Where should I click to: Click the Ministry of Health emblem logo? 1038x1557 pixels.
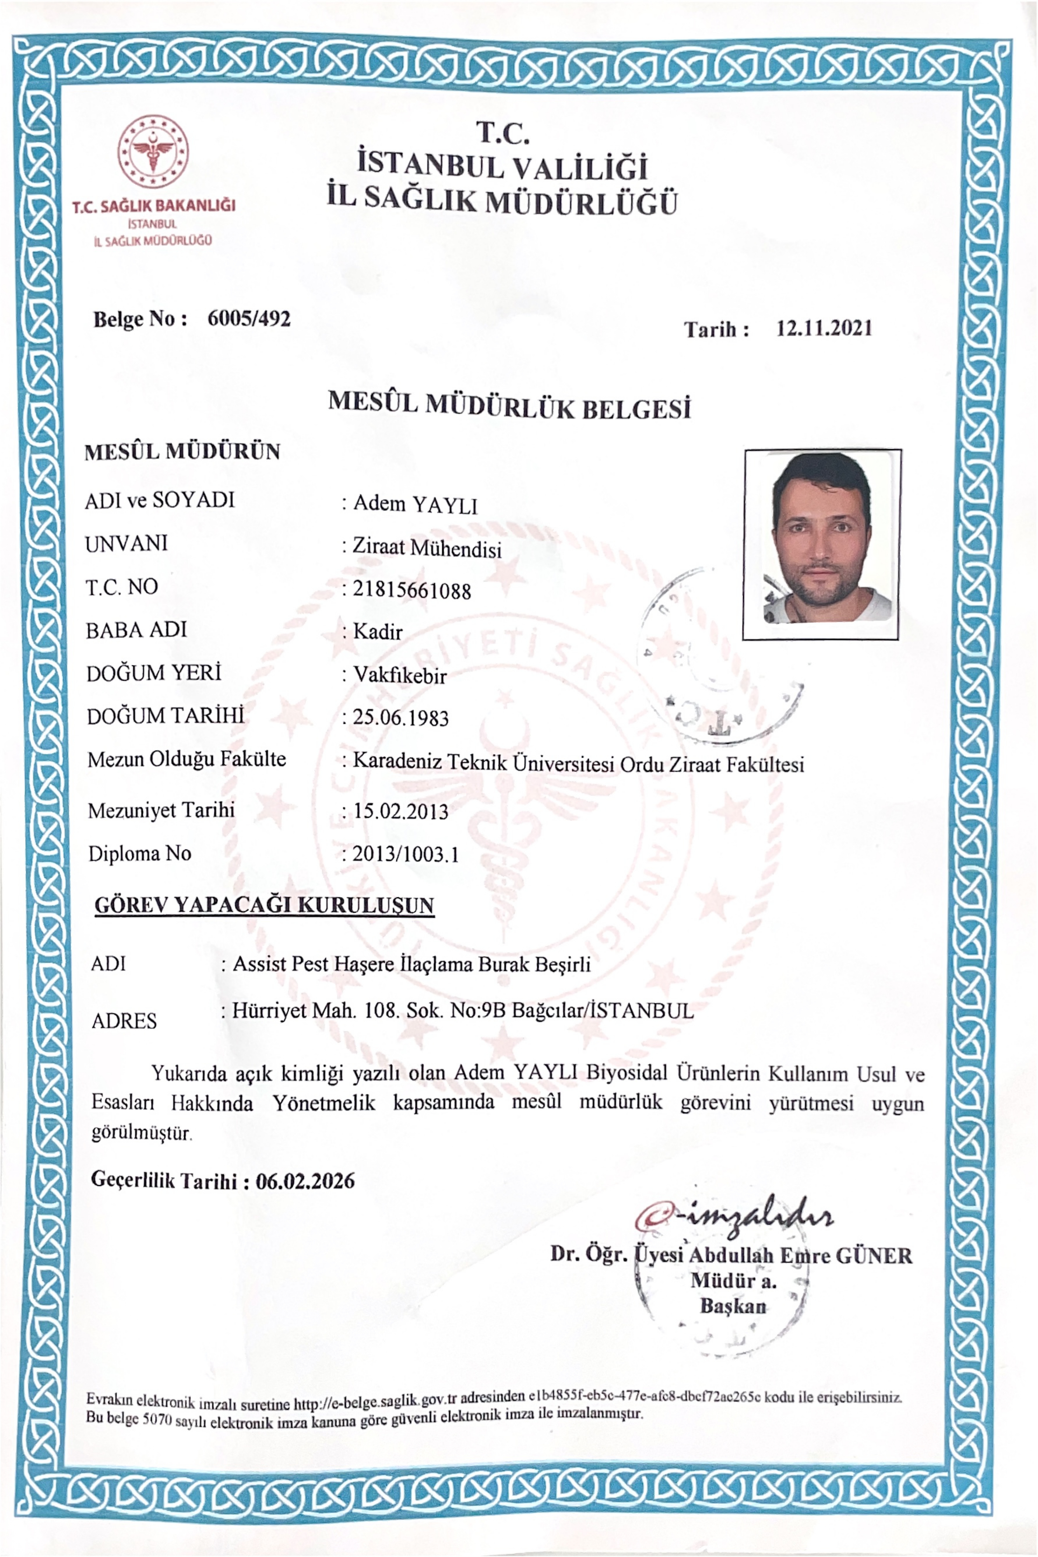pos(153,151)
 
